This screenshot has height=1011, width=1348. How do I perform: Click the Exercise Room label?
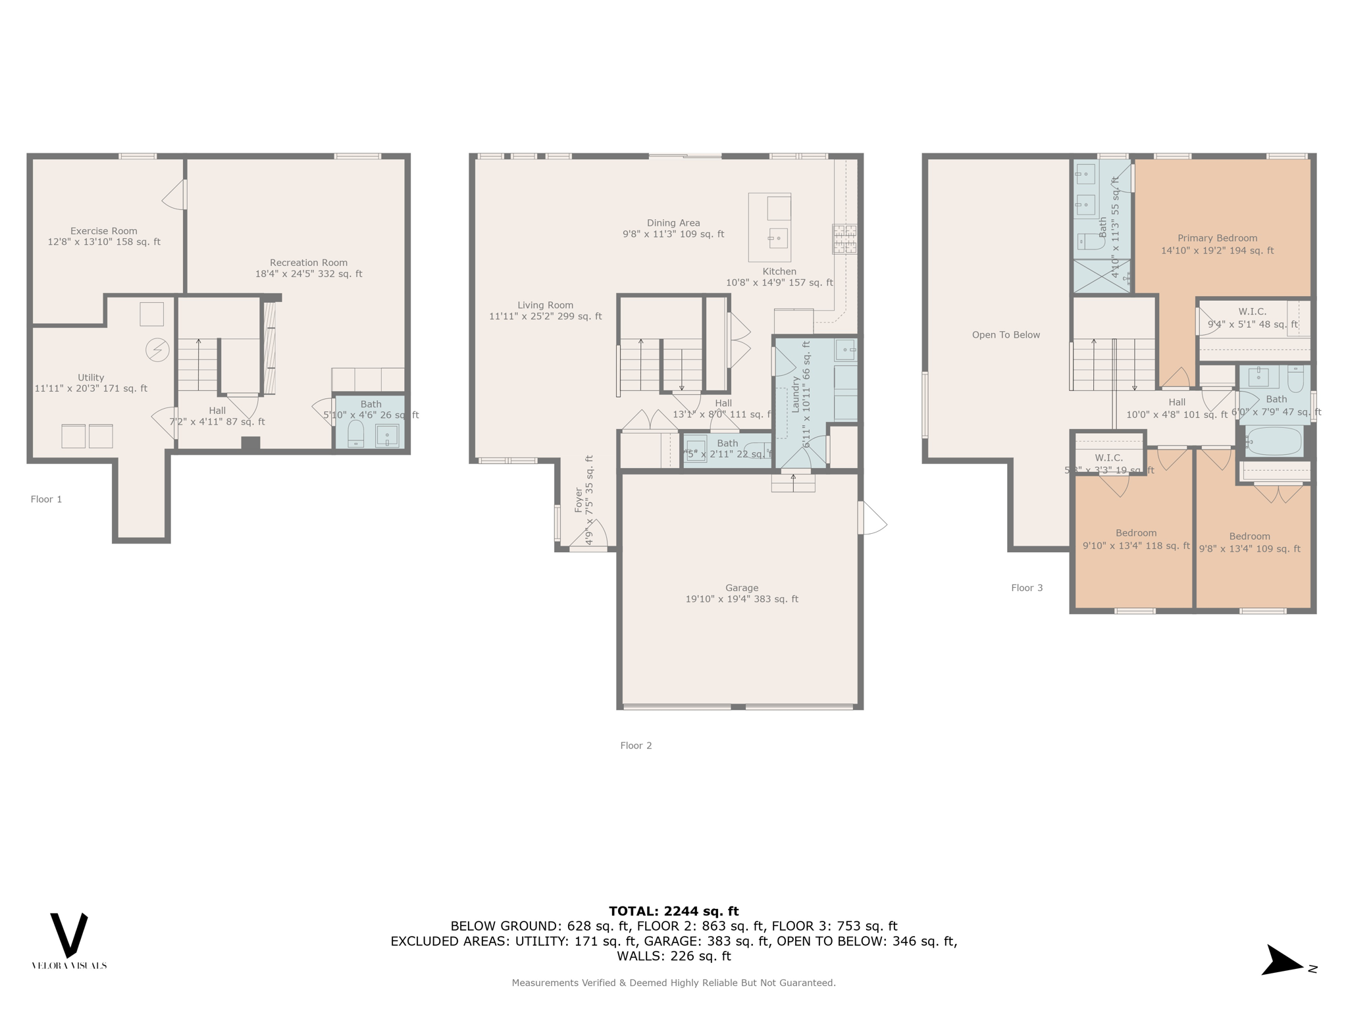pos(104,231)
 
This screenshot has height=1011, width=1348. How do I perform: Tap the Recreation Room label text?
pos(308,263)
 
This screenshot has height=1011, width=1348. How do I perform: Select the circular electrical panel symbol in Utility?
pos(157,350)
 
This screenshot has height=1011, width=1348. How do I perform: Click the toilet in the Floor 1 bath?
pos(355,434)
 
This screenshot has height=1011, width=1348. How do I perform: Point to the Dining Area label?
pos(673,223)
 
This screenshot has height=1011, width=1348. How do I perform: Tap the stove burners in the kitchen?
pos(845,239)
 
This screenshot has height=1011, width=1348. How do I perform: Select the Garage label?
pos(742,588)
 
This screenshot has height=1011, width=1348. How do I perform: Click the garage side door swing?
pos(873,519)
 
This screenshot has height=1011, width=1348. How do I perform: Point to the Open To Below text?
pos(1006,335)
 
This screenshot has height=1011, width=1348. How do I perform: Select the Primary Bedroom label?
pos(1217,238)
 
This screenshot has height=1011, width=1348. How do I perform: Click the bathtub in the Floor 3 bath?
pos(1274,441)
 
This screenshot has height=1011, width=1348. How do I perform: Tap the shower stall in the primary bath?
pos(1102,276)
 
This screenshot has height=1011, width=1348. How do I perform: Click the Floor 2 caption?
pos(636,746)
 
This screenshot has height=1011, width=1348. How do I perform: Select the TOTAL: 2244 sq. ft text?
pos(673,911)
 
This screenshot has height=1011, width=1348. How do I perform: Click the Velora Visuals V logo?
pos(69,935)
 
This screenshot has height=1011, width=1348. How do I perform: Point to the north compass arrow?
pos(1282,962)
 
